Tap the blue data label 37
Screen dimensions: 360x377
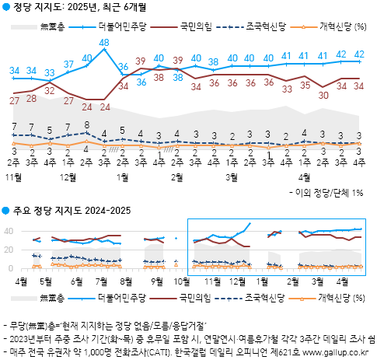pyautogui.click(x=68, y=64)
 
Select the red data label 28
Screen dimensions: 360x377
pyautogui.click(x=32, y=97)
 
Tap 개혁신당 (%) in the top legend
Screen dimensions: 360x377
pyautogui.click(x=342, y=27)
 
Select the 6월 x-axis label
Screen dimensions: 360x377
pyautogui.click(x=75, y=280)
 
